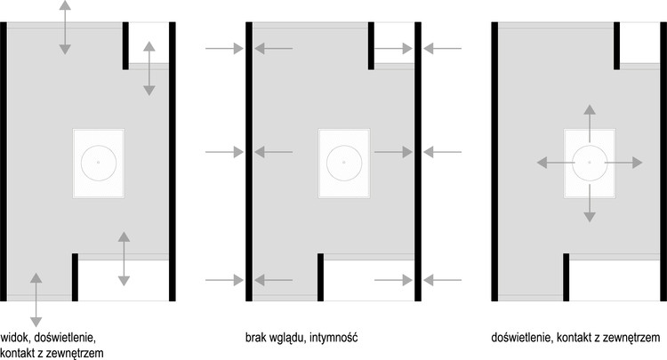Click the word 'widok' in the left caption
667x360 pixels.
[16, 339]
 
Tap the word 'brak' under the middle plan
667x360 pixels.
[258, 339]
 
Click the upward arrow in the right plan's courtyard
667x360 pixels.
[588, 123]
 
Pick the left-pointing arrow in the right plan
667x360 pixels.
[551, 163]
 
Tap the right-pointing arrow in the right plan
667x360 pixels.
[625, 163]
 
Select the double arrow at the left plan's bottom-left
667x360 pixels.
[36, 300]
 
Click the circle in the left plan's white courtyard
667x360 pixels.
[98, 163]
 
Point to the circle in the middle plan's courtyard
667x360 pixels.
[343, 163]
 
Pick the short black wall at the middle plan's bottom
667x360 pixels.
[320, 277]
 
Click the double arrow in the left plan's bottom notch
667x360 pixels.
[124, 259]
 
